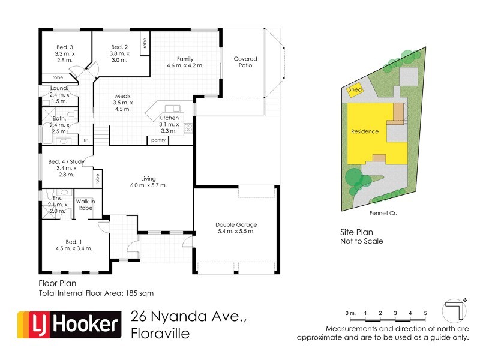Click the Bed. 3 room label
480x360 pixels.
pyautogui.click(x=65, y=47)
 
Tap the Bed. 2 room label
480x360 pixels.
pyautogui.click(x=119, y=47)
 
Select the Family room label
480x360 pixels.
pyautogui.click(x=184, y=59)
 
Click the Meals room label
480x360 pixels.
pyautogui.click(x=122, y=96)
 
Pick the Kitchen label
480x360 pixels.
pyautogui.click(x=169, y=118)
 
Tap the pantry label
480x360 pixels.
pyautogui.click(x=159, y=140)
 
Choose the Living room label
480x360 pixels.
pyautogui.click(x=149, y=178)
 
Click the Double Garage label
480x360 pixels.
pyautogui.click(x=235, y=226)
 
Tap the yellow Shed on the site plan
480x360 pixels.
pyautogui.click(x=356, y=89)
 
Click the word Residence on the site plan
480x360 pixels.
pyautogui.click(x=365, y=131)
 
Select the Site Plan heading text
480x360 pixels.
pyautogui.click(x=357, y=232)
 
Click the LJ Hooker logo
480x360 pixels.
pyautogui.click(x=68, y=325)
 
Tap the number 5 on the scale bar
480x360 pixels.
pyautogui.click(x=425, y=313)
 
